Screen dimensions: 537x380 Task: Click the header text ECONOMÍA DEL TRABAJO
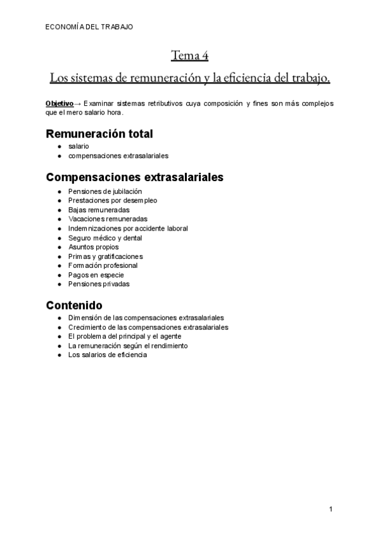89,27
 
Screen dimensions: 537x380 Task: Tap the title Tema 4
189,56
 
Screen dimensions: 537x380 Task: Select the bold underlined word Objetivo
59,103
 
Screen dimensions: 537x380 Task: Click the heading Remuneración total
100,134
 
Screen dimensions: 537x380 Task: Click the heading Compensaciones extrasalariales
135,177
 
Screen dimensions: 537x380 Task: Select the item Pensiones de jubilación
105,191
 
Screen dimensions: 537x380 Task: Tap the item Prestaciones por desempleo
113,200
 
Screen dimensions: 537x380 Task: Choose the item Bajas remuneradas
99,210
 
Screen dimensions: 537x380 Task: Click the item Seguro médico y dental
105,237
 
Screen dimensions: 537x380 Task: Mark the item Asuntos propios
93,247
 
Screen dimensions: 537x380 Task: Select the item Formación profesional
103,265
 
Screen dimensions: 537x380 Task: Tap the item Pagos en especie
96,275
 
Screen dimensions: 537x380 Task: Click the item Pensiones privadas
99,284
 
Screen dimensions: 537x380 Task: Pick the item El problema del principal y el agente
125,336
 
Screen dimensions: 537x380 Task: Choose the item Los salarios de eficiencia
108,355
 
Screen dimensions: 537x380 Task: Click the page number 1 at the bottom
331,509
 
